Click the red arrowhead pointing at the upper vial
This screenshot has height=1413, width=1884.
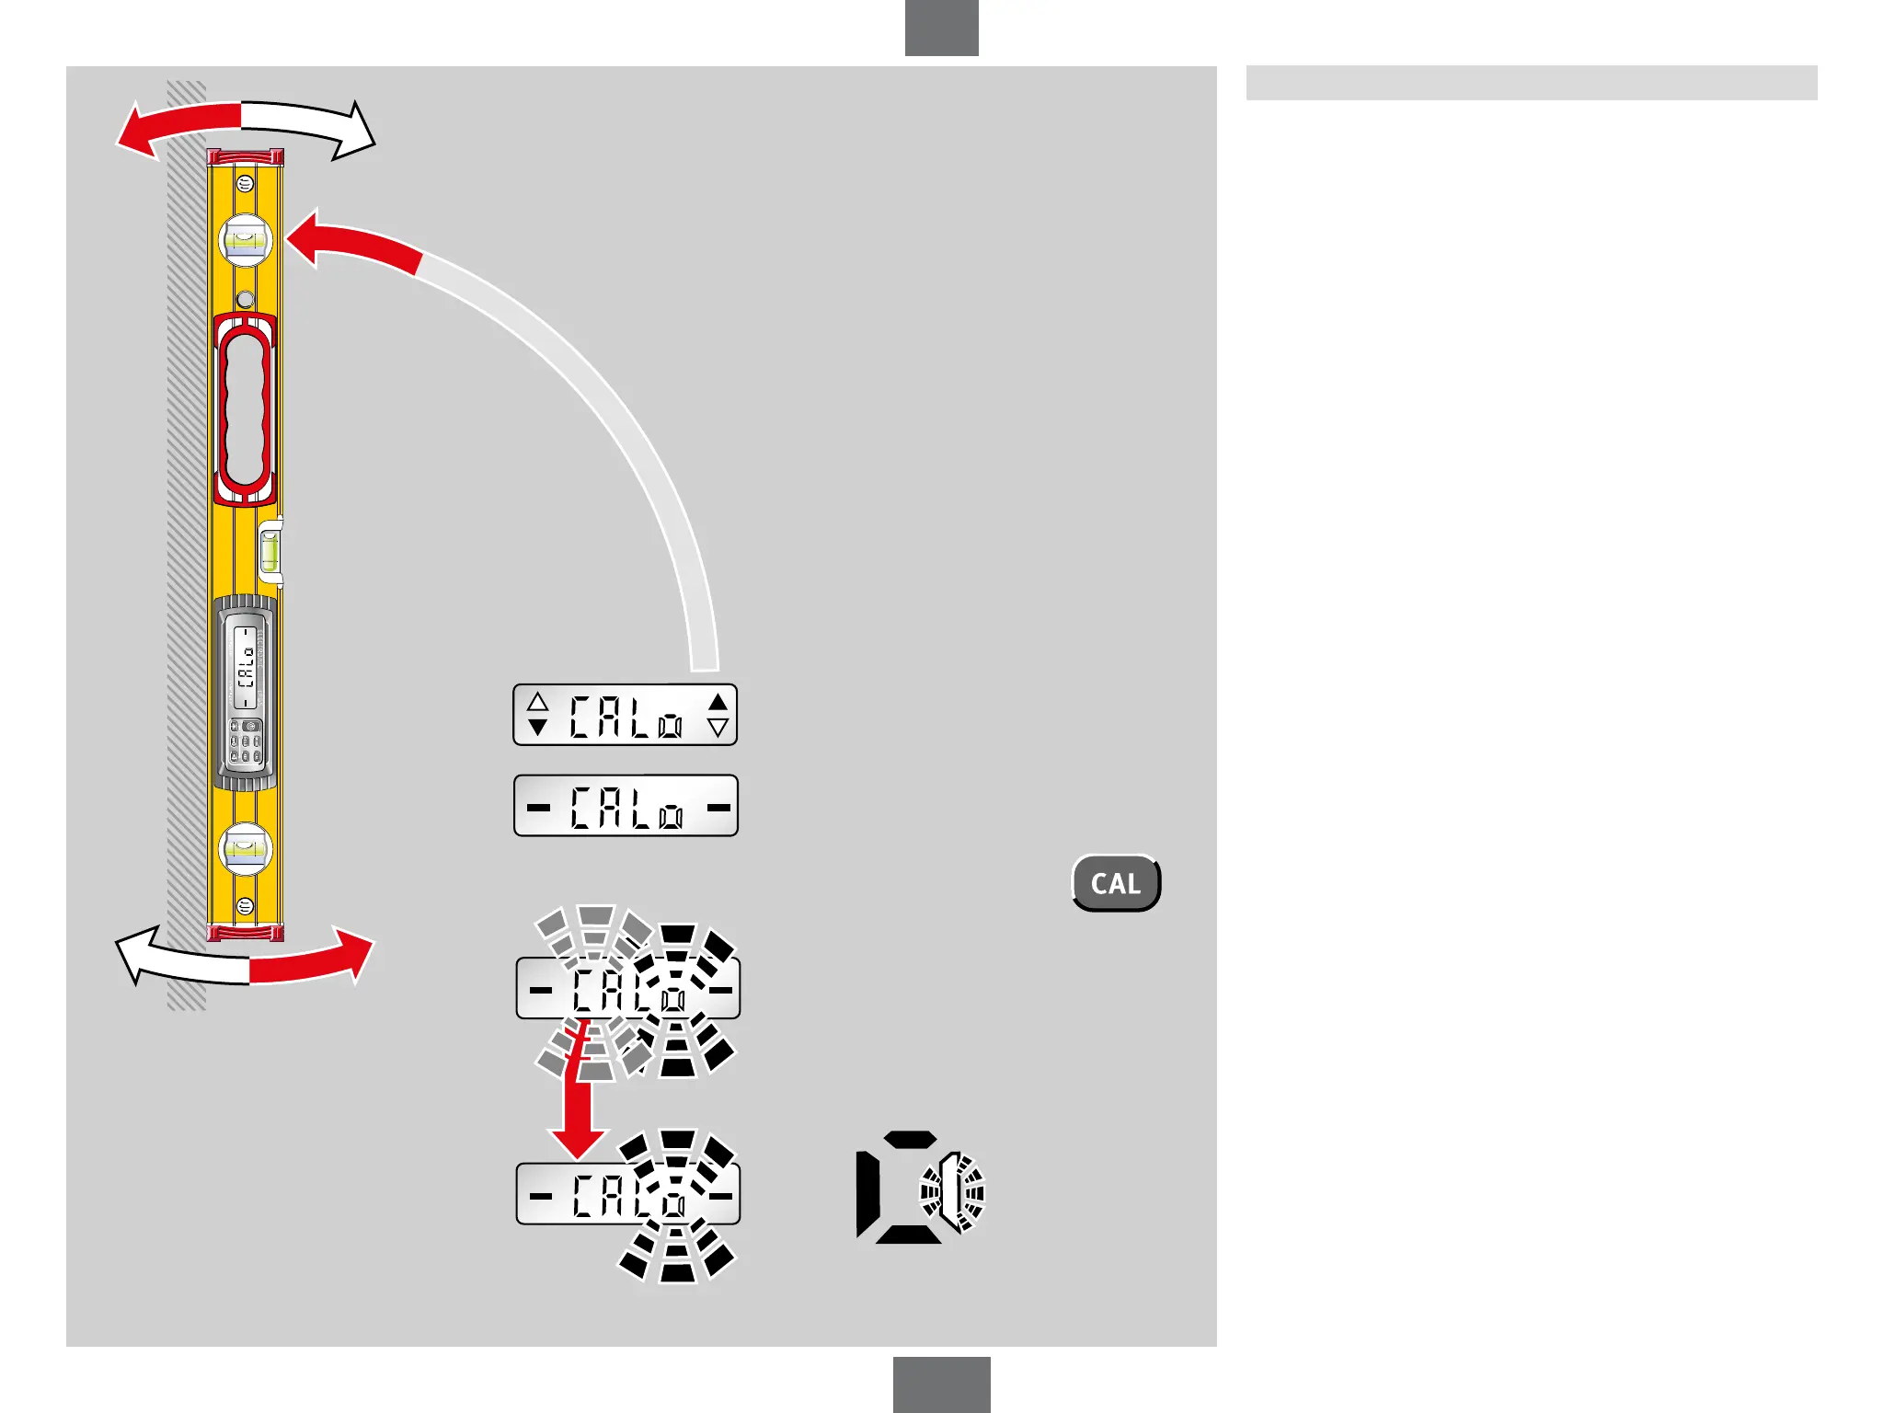click(308, 237)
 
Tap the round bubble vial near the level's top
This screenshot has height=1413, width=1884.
click(245, 240)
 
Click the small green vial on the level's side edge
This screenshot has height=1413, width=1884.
click(271, 552)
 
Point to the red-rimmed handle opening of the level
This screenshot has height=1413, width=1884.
click(245, 409)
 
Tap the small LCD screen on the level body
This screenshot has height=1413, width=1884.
click(246, 668)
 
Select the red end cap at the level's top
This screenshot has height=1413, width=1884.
click(245, 157)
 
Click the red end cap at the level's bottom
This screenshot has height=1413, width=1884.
click(245, 934)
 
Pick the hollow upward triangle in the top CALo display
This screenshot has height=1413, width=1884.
click(538, 703)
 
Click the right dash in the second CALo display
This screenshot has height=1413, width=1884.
click(718, 808)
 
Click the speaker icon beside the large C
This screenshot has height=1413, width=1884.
click(952, 1192)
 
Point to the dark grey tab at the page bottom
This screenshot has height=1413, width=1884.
click(941, 1384)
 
